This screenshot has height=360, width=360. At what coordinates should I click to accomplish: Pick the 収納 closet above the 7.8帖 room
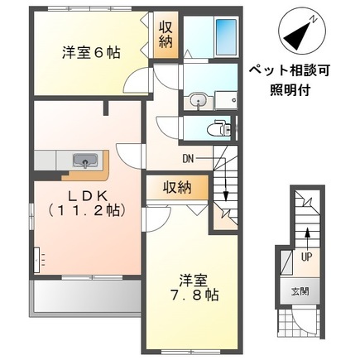(x=177, y=187)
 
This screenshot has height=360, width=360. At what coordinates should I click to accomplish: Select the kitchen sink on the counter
(x=86, y=159)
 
